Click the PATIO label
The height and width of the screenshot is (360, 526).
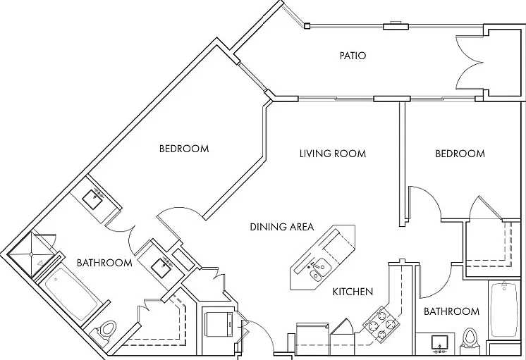pos(353,56)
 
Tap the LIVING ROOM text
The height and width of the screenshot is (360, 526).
pos(332,154)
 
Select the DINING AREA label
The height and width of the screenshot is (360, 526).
pos(282,227)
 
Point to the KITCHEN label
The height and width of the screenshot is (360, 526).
pos(353,292)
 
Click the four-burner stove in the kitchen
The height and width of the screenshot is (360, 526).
pos(381,324)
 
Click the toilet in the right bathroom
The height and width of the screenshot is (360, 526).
pos(469,340)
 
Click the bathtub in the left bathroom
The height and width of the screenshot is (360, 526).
pos(71,294)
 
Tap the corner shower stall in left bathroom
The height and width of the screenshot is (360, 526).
pos(31,254)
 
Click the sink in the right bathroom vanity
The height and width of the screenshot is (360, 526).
pos(440,342)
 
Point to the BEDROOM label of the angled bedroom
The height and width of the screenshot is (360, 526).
pos(184,149)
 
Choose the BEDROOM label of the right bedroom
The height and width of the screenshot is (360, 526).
pos(460,154)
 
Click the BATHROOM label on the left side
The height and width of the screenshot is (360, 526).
pos(104,263)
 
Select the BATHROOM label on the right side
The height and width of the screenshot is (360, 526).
pos(451,311)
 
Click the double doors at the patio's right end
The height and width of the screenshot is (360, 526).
pos(470,63)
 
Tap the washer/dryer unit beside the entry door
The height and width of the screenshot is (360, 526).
pos(219,324)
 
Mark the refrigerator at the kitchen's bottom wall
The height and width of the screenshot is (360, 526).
pos(312,339)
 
